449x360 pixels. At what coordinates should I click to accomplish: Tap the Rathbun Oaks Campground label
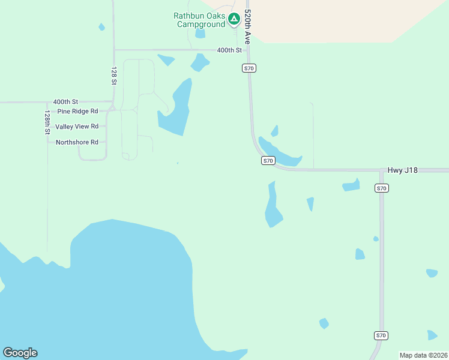[x=200, y=20]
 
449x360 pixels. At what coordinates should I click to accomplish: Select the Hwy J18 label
[x=402, y=170]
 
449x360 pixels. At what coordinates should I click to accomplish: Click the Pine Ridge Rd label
[x=77, y=112]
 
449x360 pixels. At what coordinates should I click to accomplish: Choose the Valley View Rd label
[x=77, y=127]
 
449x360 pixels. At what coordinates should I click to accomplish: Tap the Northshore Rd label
[x=77, y=142]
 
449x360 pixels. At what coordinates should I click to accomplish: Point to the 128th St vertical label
[x=47, y=122]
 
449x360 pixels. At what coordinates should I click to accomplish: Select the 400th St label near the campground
[x=229, y=50]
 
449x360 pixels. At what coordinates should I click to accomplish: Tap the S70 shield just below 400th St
[x=249, y=68]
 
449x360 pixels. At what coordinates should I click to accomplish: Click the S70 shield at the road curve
[x=268, y=161]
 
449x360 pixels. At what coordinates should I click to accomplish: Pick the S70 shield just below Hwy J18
[x=382, y=188]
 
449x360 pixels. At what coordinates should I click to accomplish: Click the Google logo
[x=20, y=353]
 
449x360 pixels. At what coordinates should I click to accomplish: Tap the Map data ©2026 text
[x=423, y=355]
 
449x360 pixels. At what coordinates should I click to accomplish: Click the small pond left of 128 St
[x=101, y=27]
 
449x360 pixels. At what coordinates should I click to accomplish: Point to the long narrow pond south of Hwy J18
[x=273, y=206]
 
